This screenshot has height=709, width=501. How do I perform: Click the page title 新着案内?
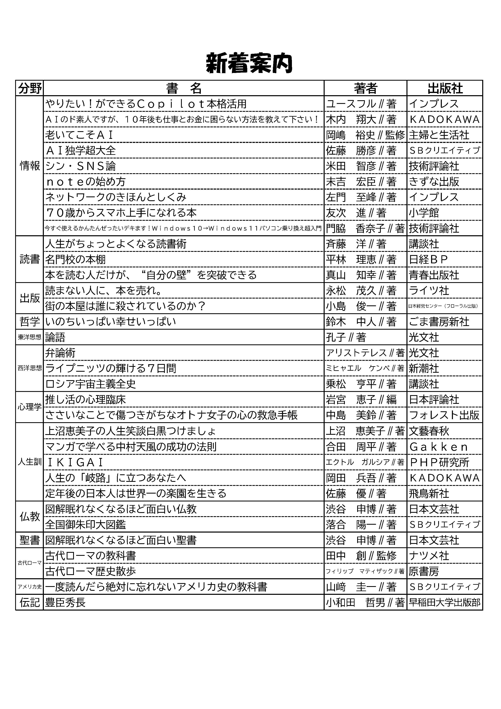(x=249, y=63)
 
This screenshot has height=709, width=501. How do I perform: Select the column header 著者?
(x=365, y=88)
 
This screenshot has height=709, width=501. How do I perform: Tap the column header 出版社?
(x=445, y=88)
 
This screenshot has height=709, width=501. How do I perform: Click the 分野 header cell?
(x=30, y=88)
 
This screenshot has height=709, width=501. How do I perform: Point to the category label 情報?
(x=30, y=166)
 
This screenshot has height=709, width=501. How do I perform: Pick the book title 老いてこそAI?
(x=80, y=135)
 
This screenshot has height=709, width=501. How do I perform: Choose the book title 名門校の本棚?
(x=75, y=259)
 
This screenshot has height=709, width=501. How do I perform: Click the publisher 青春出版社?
(x=434, y=275)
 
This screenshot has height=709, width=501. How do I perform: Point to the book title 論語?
(x=55, y=337)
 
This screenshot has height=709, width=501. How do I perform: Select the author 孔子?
(x=346, y=337)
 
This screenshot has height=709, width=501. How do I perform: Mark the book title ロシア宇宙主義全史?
(x=91, y=384)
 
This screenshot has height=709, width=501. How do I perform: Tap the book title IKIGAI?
(x=74, y=462)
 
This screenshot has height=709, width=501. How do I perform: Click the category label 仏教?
(x=30, y=517)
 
